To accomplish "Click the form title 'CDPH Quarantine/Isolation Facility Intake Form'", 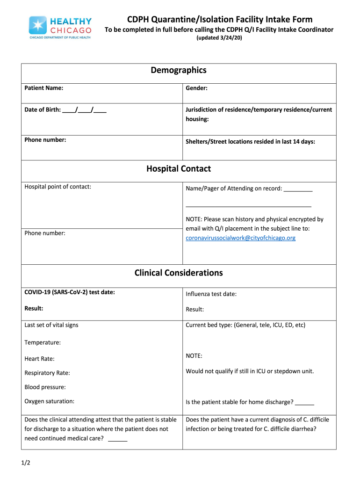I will [x=220, y=19].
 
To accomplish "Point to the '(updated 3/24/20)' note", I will [x=219, y=38].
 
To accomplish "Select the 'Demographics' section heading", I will [x=178, y=70].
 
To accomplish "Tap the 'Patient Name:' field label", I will [x=44, y=88].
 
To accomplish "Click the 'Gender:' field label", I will [x=196, y=88].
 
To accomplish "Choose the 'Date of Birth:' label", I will [x=43, y=110].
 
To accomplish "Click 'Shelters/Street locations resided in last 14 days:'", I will [x=250, y=141].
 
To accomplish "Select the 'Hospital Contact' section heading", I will [x=178, y=169].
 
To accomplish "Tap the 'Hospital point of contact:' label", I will [x=58, y=187].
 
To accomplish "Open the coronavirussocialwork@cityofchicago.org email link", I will [x=240, y=238].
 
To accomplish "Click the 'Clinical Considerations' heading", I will [x=178, y=273].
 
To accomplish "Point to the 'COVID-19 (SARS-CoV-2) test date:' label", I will [x=70, y=292].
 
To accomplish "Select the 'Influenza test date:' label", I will [x=211, y=294].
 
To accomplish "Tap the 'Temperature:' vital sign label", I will [x=43, y=342].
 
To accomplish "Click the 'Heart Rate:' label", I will [x=39, y=359].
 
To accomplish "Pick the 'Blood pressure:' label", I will [x=45, y=387].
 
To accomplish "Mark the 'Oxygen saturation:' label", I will [x=49, y=401].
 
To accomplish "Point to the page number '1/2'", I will [x=26, y=463].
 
